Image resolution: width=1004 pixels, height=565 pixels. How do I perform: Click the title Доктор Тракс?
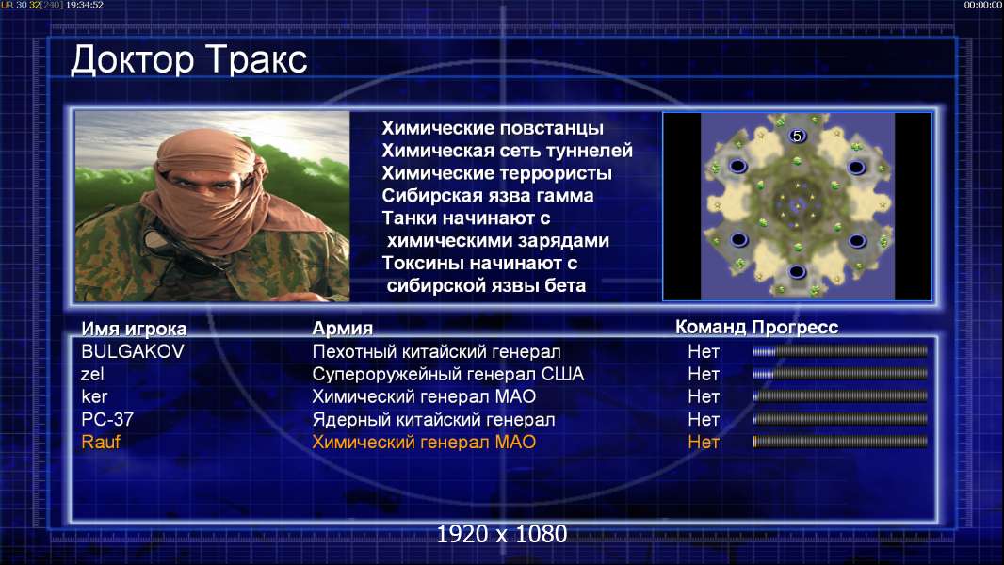[x=189, y=60]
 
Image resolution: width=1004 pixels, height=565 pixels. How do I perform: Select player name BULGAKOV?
[x=133, y=351]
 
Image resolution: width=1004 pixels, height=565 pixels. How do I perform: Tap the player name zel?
[x=92, y=374]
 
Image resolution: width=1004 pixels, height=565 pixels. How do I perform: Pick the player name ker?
[x=94, y=396]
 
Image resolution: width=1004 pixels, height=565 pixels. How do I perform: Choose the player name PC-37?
[x=107, y=420]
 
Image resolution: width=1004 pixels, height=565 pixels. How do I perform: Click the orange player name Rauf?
[x=101, y=443]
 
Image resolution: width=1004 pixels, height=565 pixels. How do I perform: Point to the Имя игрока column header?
[x=134, y=329]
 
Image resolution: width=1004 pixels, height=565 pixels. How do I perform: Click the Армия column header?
[x=343, y=329]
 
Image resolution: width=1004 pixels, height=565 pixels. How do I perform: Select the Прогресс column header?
[x=795, y=327]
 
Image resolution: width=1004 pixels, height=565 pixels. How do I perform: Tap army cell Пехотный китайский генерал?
[x=436, y=352]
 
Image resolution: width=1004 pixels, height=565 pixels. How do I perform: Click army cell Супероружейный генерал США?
[x=447, y=375]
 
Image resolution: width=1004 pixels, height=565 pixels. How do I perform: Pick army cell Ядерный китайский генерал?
[x=433, y=420]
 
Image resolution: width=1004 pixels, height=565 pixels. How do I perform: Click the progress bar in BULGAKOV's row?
[x=840, y=350]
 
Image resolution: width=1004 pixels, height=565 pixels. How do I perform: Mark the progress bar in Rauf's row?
[x=840, y=442]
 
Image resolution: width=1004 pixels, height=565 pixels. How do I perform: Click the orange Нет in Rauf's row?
[x=704, y=443]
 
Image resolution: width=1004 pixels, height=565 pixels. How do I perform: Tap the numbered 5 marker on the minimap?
[x=797, y=136]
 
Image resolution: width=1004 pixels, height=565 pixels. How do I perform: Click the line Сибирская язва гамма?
[x=487, y=196]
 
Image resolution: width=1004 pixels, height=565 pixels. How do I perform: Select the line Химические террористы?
[x=496, y=173]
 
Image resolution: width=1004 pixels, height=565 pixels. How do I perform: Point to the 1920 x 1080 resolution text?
[x=502, y=534]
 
